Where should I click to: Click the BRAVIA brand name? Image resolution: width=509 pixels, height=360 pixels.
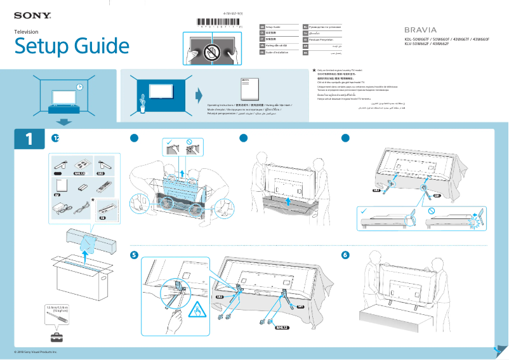click(x=421, y=30)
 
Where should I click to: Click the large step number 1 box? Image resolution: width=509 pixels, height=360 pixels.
click(x=29, y=140)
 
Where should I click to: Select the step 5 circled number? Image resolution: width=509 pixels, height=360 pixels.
click(x=133, y=255)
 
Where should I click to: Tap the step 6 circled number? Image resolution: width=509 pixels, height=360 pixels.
click(x=345, y=255)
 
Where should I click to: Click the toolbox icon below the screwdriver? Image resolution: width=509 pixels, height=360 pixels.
click(x=57, y=336)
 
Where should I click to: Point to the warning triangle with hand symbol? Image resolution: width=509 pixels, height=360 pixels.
click(x=196, y=310)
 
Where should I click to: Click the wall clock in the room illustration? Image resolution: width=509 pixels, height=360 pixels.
click(x=79, y=86)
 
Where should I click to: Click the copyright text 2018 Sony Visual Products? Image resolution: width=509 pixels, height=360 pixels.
click(x=36, y=352)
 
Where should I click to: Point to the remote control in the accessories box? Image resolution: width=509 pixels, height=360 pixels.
click(x=103, y=187)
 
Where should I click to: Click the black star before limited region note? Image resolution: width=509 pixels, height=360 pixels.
click(x=313, y=71)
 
